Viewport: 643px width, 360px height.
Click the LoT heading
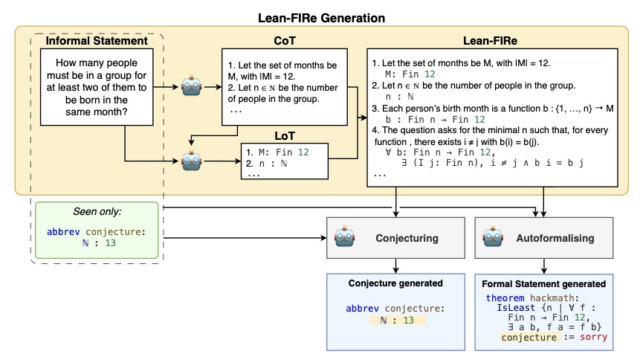click(x=284, y=136)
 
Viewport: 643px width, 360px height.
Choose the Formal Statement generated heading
click(x=544, y=283)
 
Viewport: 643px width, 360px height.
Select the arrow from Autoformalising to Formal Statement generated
click(x=544, y=264)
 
